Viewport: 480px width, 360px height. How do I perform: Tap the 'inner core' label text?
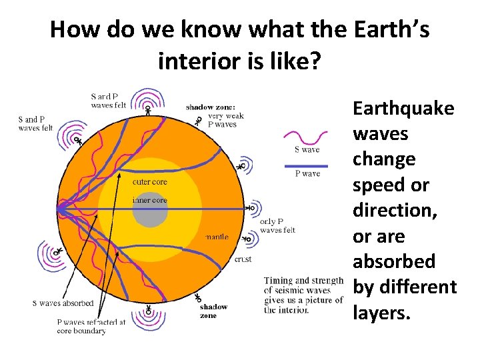pyautogui.click(x=149, y=200)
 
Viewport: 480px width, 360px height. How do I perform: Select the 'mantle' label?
pyautogui.click(x=217, y=236)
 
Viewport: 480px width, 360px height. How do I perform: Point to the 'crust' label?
pyautogui.click(x=243, y=259)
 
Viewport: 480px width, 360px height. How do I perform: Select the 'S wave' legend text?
pyautogui.click(x=307, y=149)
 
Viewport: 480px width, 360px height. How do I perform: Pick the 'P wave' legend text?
pyautogui.click(x=307, y=173)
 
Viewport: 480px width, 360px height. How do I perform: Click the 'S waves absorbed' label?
pyautogui.click(x=63, y=303)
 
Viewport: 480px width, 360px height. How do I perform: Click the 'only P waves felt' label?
pyautogui.click(x=277, y=226)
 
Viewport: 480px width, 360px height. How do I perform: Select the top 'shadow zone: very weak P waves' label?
pyautogui.click(x=215, y=115)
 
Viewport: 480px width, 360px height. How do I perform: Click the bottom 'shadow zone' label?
pyautogui.click(x=213, y=311)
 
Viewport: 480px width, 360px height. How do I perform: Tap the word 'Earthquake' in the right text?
pyautogui.click(x=403, y=108)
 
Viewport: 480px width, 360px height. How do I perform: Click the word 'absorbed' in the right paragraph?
pyautogui.click(x=393, y=261)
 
